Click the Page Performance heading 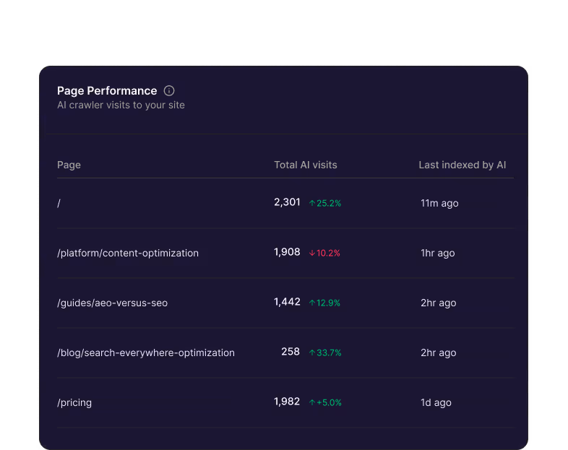[107, 91]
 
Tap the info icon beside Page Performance [169, 91]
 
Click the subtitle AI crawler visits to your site [121, 105]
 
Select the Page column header [69, 165]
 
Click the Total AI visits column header [305, 165]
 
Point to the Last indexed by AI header [462, 165]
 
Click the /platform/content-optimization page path [128, 254]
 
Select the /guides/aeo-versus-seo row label [112, 303]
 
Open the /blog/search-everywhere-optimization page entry [146, 353]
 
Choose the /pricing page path [74, 403]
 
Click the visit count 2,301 [287, 203]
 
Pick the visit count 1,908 [287, 253]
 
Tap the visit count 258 [291, 352]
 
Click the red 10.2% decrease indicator [324, 254]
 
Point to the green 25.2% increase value [325, 204]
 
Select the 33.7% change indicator [325, 353]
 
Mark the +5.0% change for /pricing [325, 403]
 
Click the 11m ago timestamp [439, 204]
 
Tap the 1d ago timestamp [436, 403]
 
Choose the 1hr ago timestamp [437, 254]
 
